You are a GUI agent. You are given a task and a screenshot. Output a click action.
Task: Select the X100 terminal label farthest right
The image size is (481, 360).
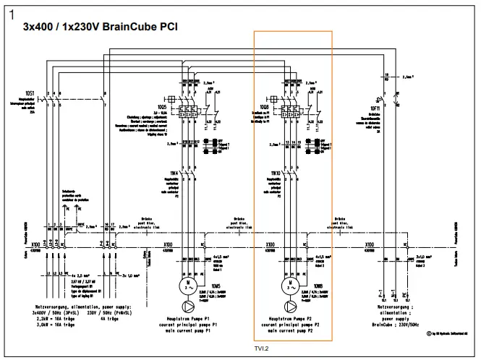[370, 244]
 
